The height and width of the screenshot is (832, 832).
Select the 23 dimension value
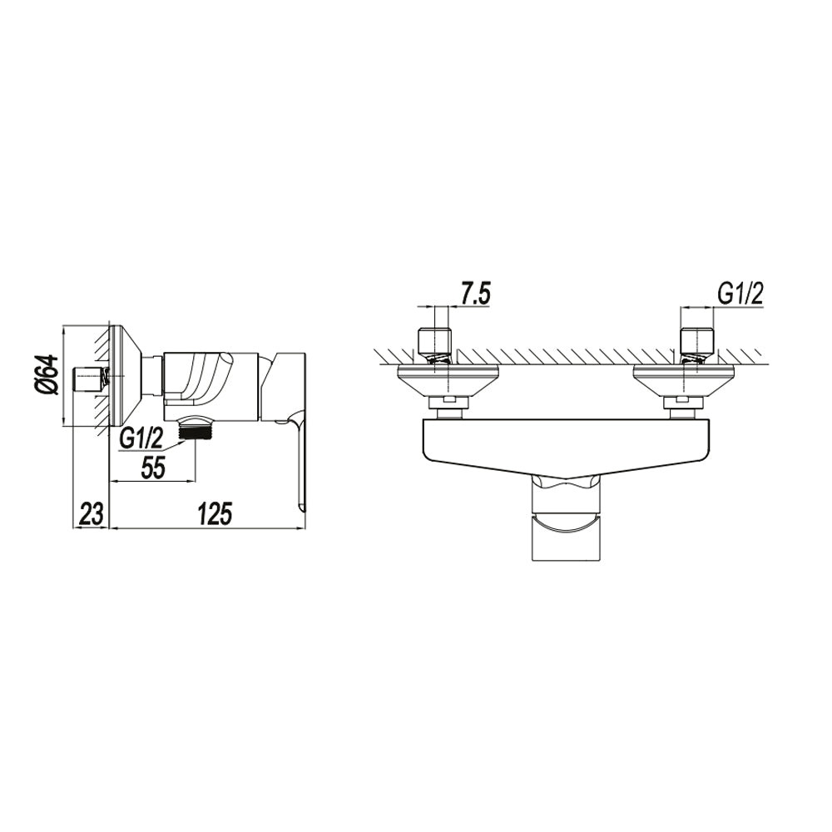tap(91, 513)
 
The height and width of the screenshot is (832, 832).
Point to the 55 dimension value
tap(151, 468)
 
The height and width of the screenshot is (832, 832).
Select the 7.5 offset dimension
tap(473, 294)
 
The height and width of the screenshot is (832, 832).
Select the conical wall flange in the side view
tap(125, 376)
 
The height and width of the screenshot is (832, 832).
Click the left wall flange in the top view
tap(448, 379)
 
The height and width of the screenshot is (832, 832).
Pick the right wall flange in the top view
tap(681, 379)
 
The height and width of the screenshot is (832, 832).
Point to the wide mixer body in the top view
tap(565, 445)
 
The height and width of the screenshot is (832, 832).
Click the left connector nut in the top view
tap(448, 405)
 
